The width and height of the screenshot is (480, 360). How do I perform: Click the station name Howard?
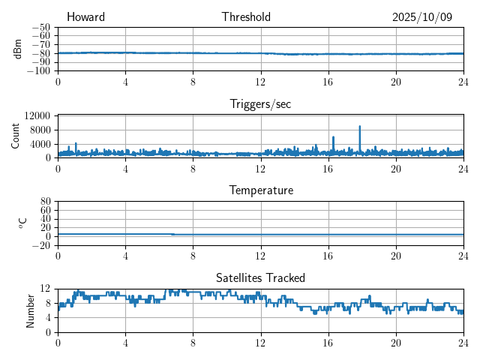[85, 17]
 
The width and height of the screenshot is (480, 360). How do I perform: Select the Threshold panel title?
[246, 17]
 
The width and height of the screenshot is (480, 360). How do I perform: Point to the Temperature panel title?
[260, 190]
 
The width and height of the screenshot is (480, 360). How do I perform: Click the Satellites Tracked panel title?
[260, 277]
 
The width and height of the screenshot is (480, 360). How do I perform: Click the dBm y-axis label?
[17, 49]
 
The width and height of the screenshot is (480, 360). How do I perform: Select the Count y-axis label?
[16, 136]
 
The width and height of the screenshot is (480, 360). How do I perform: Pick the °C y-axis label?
[22, 223]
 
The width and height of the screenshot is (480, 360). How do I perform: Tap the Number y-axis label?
[31, 310]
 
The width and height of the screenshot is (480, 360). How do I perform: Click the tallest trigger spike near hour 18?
[360, 127]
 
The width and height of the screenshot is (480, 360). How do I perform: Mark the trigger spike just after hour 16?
[333, 137]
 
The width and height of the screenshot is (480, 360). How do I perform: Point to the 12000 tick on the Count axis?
[37, 115]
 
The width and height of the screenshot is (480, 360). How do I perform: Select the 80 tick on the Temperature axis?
[45, 202]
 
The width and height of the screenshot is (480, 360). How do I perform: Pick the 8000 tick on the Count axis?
[39, 129]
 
